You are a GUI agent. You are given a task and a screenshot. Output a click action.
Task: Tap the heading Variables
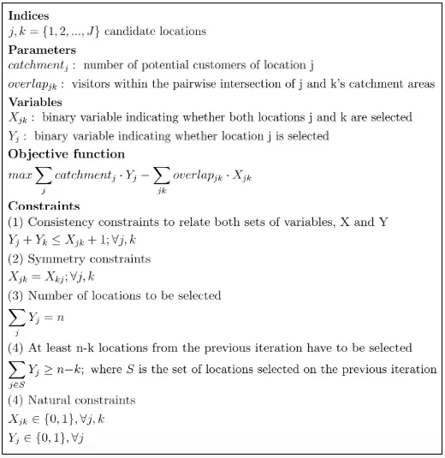click(37, 101)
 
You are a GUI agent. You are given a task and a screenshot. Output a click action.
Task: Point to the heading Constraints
click(44, 206)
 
